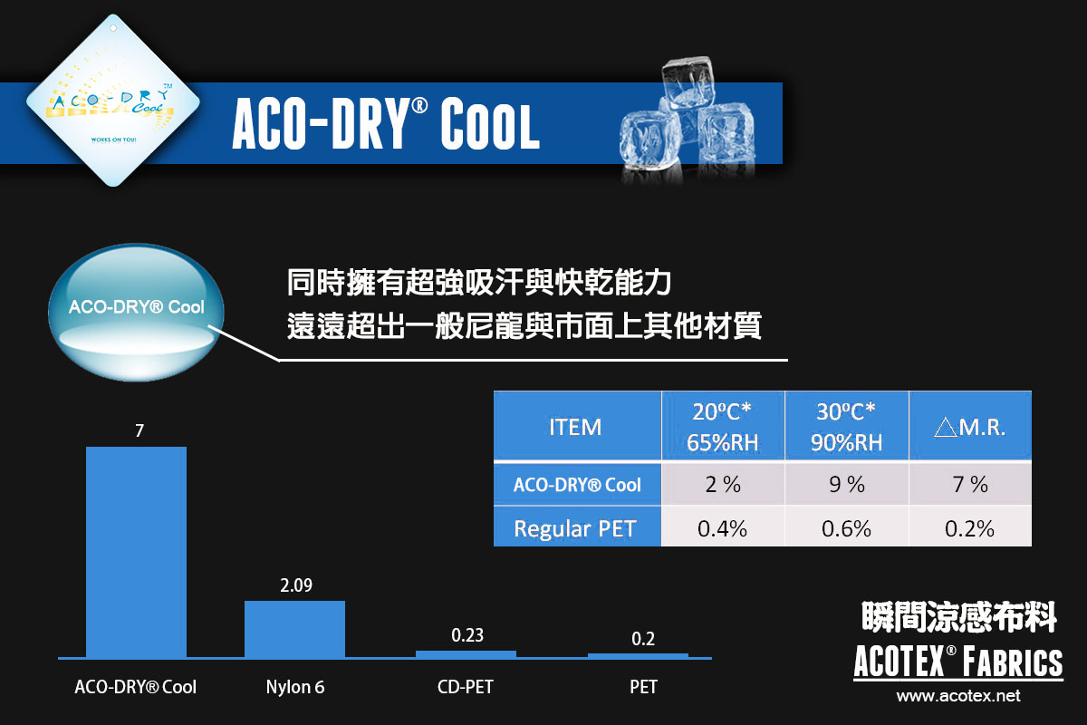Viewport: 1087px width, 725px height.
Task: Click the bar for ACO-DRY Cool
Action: tap(136, 552)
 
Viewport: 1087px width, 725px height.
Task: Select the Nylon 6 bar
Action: tap(294, 629)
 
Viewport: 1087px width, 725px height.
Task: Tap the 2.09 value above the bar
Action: tap(296, 585)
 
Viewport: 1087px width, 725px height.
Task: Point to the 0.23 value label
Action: tap(467, 635)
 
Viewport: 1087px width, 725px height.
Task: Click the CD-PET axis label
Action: tap(466, 687)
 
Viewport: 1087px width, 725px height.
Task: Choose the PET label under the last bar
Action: tap(643, 687)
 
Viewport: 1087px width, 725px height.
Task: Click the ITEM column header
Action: tap(575, 428)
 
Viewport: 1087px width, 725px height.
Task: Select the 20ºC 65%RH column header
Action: tap(723, 426)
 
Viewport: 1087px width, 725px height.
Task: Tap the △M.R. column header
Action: tap(969, 428)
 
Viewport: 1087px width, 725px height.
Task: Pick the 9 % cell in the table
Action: tap(847, 484)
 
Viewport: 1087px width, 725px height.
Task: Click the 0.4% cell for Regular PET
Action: tap(723, 528)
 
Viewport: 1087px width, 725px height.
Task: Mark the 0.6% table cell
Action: tap(847, 528)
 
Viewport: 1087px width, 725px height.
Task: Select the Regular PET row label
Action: tap(575, 528)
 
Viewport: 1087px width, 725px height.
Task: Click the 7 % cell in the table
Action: tap(970, 484)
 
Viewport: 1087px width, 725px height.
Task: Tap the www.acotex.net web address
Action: tap(958, 696)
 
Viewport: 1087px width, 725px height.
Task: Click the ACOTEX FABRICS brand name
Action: tap(958, 661)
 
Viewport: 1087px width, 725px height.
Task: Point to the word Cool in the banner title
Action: tap(490, 124)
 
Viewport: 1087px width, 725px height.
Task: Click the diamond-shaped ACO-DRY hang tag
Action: tap(113, 101)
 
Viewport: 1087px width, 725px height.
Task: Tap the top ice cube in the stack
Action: tap(688, 82)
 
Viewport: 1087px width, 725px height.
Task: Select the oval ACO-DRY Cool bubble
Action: tap(137, 313)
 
